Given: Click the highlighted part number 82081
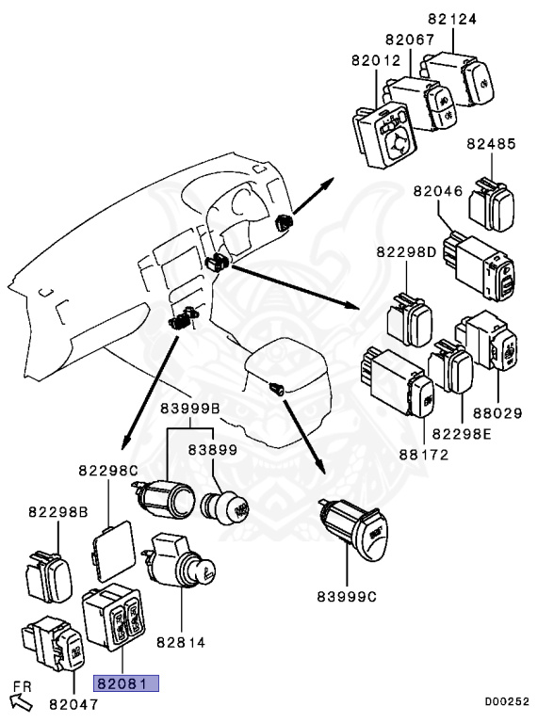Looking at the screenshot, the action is click(x=126, y=683).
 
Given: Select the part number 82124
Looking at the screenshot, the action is click(x=452, y=19).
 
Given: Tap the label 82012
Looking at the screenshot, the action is click(x=376, y=60).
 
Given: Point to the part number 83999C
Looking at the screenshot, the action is click(x=347, y=597).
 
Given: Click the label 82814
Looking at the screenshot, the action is click(x=181, y=642).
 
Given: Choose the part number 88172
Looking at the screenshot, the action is click(x=424, y=455).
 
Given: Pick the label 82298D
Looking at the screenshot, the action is click(x=406, y=252).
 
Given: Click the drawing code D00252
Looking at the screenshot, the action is click(x=507, y=701).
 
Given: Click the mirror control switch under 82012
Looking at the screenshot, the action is click(x=384, y=137).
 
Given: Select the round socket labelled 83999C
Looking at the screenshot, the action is click(x=354, y=529).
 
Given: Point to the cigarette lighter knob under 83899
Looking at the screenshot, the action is click(x=225, y=508).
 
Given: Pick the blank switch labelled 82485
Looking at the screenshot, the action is click(x=492, y=205).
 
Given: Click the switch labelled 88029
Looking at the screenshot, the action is click(x=486, y=341).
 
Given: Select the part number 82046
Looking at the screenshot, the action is click(x=438, y=191).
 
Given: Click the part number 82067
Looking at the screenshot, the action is click(x=410, y=40).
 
